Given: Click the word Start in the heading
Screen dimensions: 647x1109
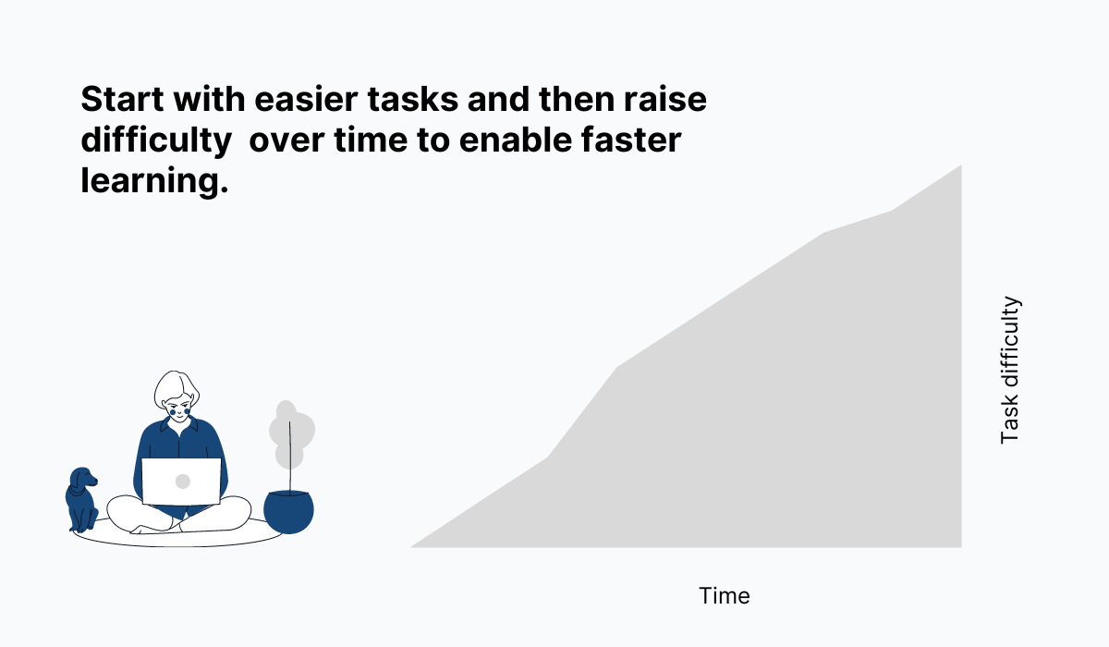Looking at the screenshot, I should (x=117, y=100).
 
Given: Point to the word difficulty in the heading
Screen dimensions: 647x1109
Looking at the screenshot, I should (x=155, y=140).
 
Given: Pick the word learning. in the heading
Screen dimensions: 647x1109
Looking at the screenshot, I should (x=153, y=181).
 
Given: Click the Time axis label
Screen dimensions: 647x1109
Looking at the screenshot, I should (x=725, y=596).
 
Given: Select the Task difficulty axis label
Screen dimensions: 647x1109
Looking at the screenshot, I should (x=1010, y=370).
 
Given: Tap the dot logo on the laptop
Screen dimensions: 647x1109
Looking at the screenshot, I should (x=182, y=481).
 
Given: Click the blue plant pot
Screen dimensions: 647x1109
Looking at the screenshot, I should (x=288, y=511).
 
